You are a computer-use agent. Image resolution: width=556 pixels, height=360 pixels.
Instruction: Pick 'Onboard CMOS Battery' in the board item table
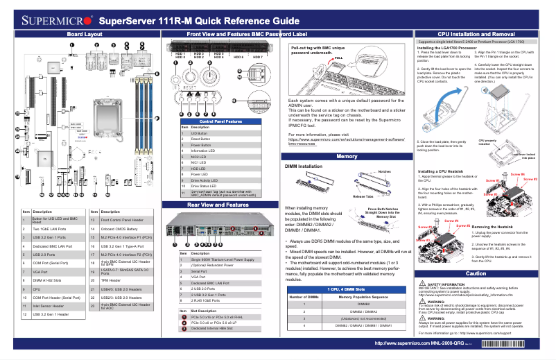[125, 227]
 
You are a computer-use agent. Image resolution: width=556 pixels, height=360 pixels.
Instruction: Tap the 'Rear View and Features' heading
[218, 205]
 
